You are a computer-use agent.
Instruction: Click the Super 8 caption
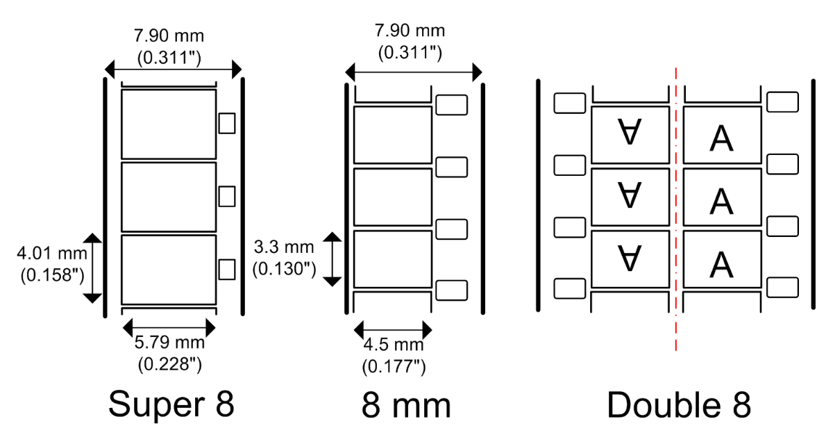coord(171,404)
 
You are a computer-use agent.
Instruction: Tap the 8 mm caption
coord(406,404)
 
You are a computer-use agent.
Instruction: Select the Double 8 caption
coord(679,404)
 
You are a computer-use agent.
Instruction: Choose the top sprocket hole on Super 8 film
coord(227,123)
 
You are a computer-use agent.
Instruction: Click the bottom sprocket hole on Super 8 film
coord(227,269)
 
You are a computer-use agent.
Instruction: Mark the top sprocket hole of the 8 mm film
coord(451,105)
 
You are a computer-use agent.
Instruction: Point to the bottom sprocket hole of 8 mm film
coord(451,290)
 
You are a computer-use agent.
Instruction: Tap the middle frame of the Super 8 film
coord(169,197)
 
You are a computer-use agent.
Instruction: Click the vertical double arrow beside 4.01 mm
coord(93,268)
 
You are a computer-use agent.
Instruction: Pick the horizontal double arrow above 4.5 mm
coord(393,329)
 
